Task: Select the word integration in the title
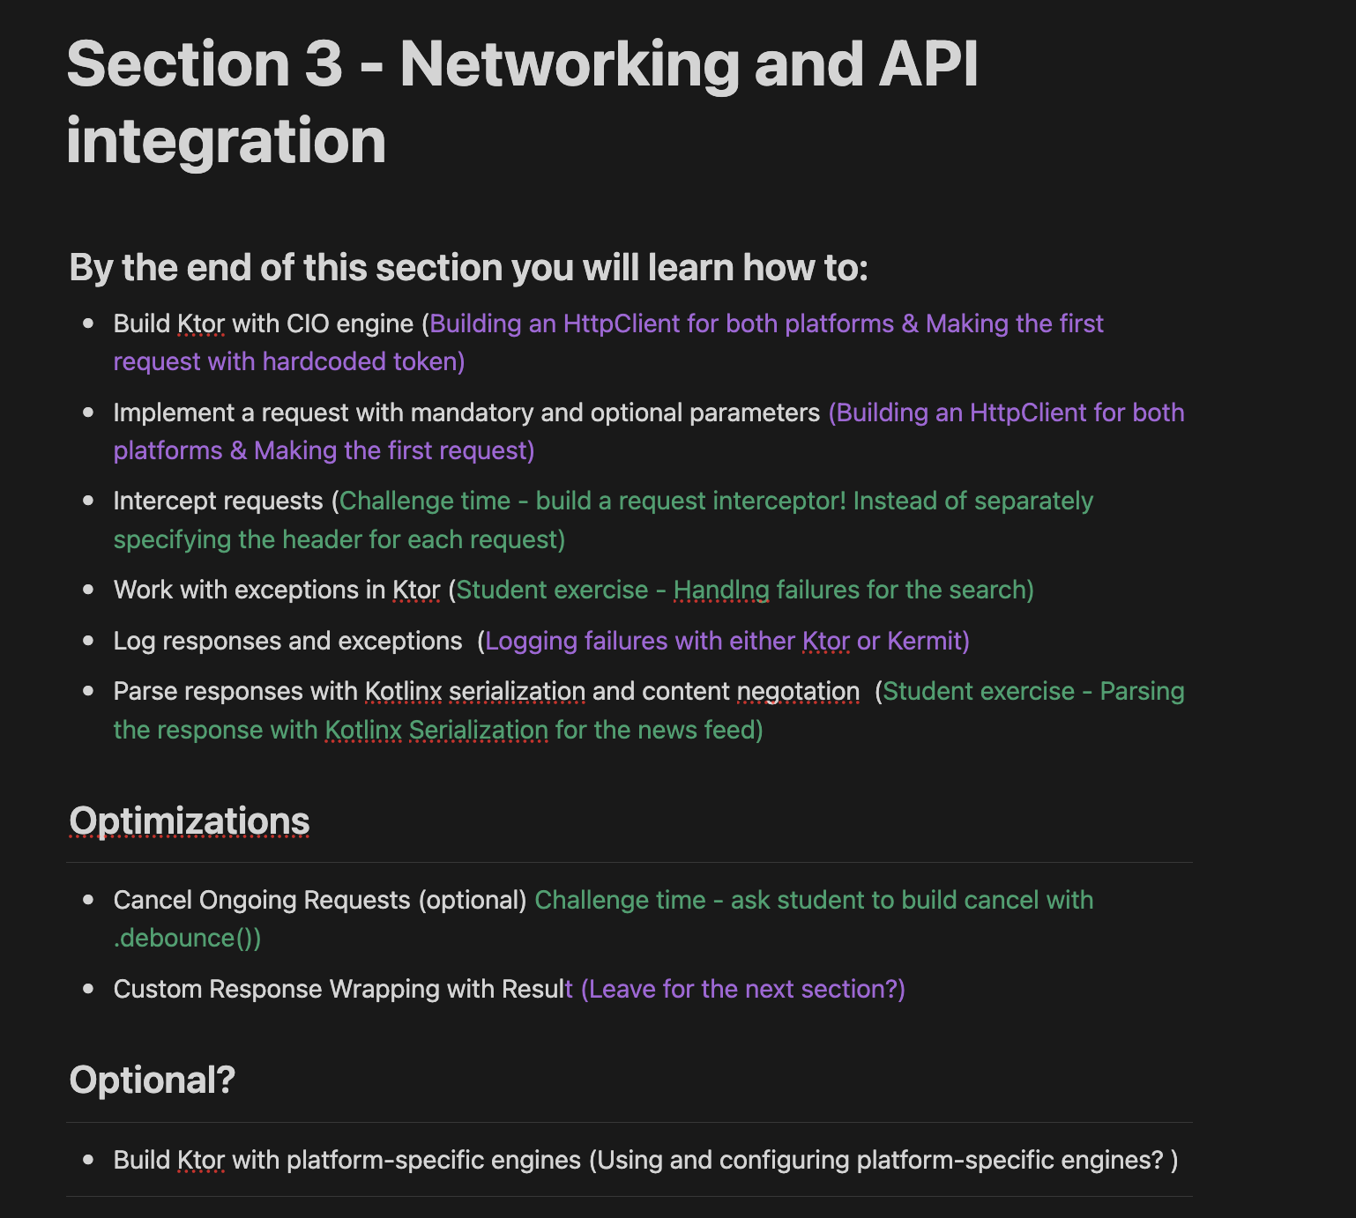(226, 141)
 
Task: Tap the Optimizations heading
(190, 821)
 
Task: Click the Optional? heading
(152, 1080)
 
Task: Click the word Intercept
(162, 501)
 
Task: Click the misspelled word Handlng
(721, 590)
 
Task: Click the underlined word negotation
(798, 692)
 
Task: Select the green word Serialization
(479, 731)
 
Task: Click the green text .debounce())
(187, 939)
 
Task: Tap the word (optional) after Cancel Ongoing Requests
(473, 901)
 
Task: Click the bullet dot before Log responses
(88, 641)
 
